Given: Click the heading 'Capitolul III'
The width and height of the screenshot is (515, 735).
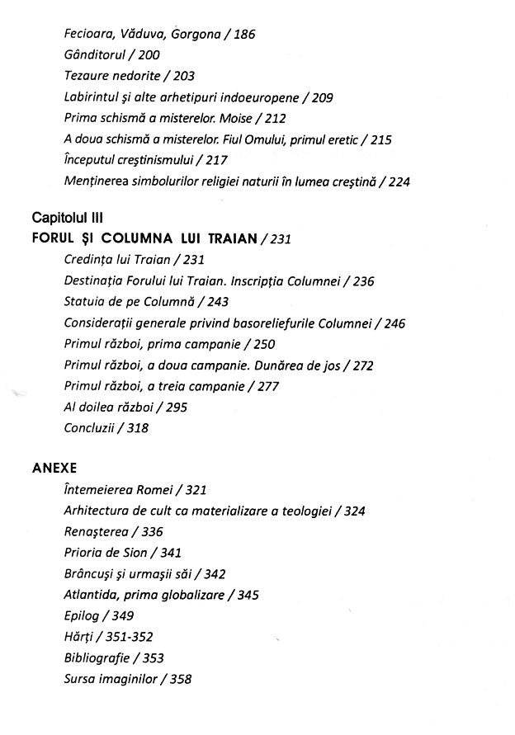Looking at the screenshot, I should (65, 219).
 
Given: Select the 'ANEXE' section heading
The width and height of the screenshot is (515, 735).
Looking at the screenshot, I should (54, 468).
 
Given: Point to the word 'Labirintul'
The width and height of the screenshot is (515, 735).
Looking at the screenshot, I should (92, 97).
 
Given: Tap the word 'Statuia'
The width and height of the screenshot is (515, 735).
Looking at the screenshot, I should (86, 301).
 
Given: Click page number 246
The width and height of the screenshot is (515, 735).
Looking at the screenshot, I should (395, 323).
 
